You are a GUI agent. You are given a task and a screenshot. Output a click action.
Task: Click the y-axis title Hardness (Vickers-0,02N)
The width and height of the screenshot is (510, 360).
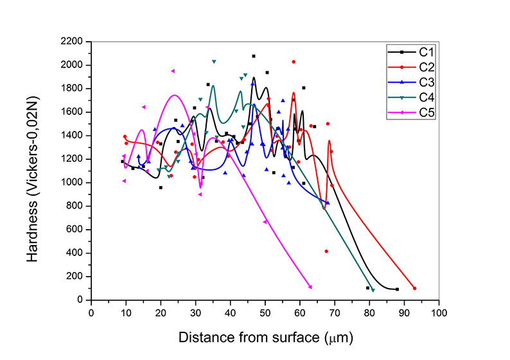click(x=33, y=171)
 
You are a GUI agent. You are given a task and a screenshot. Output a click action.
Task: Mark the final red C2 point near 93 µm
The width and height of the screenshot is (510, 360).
click(x=414, y=288)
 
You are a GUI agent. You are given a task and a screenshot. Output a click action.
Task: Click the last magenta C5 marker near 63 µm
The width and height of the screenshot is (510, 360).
click(x=310, y=287)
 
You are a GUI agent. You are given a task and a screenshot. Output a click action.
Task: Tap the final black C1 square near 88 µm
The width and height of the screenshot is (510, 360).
click(x=397, y=289)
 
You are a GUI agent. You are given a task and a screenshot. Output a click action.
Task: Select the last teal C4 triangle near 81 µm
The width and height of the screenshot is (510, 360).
click(x=373, y=290)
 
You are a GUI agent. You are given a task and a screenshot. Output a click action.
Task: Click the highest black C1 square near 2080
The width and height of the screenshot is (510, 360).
click(x=254, y=56)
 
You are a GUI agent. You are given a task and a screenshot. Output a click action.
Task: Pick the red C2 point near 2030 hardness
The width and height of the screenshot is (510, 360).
click(x=294, y=62)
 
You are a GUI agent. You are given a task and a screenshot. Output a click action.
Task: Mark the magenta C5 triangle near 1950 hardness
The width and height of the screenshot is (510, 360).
click(x=173, y=71)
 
